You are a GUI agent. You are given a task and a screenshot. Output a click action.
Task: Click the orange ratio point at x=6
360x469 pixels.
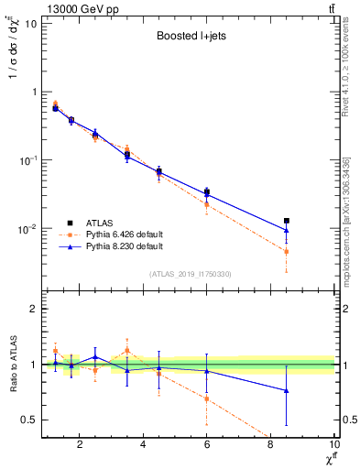[207, 398]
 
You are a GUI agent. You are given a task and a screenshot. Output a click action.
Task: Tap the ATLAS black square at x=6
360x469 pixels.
[207, 192]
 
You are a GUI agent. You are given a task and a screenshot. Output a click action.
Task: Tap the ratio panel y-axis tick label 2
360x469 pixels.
[33, 309]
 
